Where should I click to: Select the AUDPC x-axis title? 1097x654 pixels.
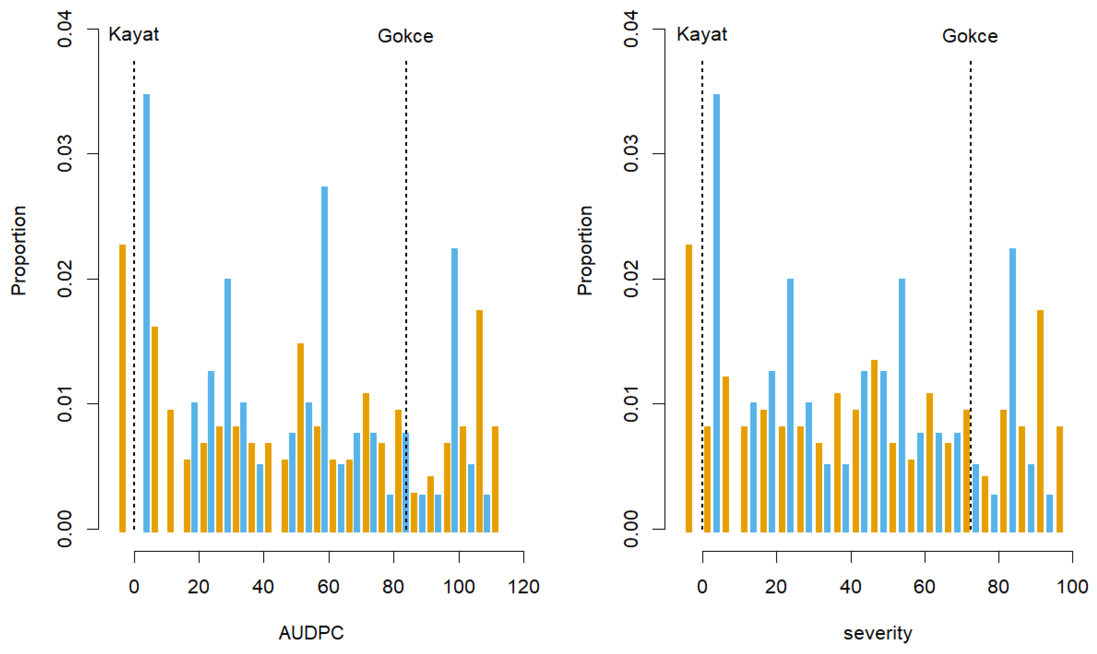click(311, 633)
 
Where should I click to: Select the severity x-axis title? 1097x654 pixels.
click(878, 633)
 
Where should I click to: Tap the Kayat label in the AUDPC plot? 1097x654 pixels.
click(134, 35)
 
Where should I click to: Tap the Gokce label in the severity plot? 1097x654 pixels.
click(969, 36)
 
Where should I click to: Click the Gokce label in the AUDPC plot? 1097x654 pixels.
click(405, 36)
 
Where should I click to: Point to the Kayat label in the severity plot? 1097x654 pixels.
click(702, 35)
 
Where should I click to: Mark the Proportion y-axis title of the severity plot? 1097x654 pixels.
click(585, 250)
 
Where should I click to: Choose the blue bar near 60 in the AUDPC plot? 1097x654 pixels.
click(324, 359)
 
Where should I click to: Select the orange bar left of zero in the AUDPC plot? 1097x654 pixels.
click(123, 388)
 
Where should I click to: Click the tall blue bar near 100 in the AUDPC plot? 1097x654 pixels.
click(454, 390)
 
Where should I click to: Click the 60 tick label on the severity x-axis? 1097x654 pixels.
click(924, 587)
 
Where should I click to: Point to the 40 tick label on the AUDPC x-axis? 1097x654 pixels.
click(263, 587)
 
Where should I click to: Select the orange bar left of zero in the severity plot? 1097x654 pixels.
click(689, 388)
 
